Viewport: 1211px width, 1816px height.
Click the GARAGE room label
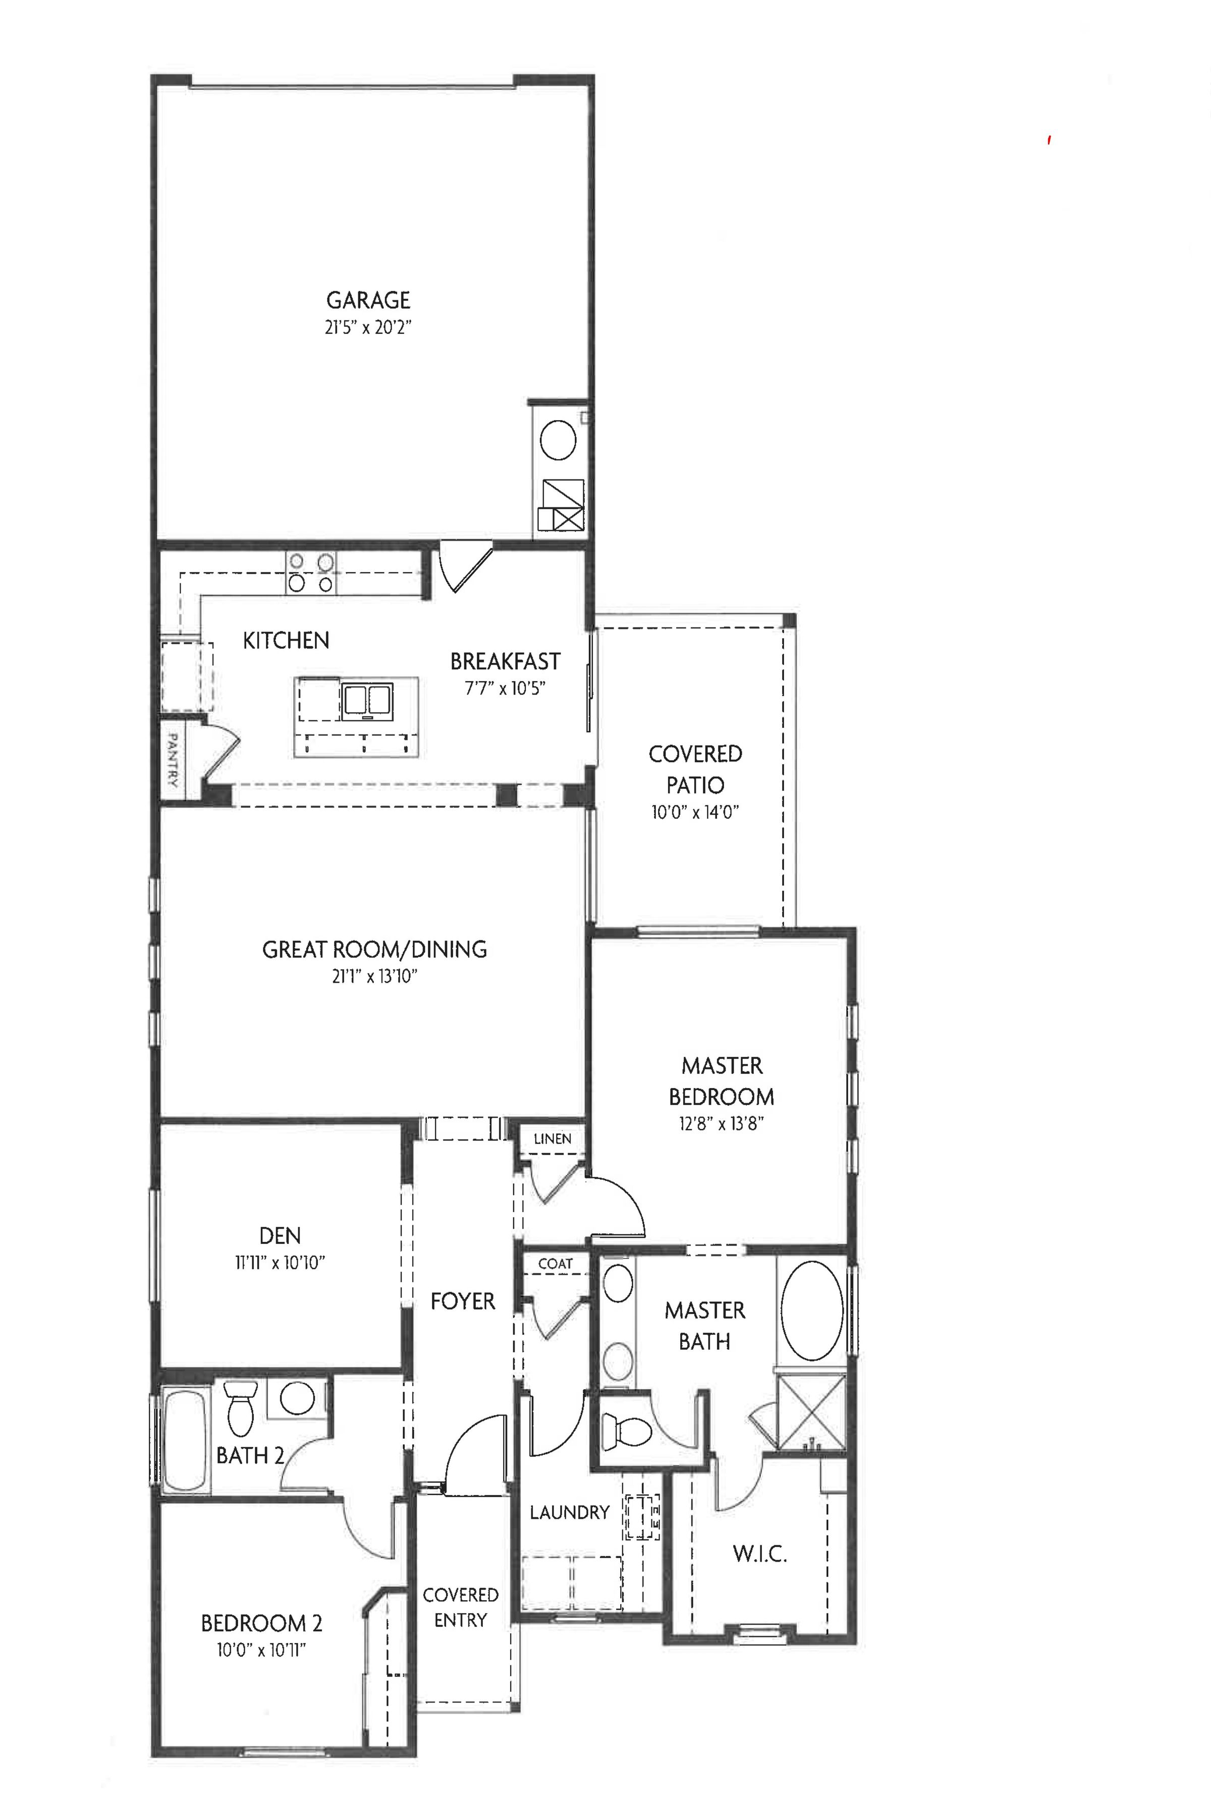(368, 300)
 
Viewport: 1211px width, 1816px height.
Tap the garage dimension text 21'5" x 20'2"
(368, 327)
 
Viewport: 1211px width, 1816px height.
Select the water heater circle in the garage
(558, 442)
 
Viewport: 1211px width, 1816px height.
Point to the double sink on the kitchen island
(366, 700)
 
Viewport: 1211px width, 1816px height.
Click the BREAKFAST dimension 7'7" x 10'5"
(505, 688)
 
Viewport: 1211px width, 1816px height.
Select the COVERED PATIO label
(695, 769)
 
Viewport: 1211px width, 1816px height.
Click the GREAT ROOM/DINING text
(374, 949)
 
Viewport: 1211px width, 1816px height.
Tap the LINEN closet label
(552, 1139)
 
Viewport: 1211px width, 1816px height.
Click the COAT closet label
(556, 1264)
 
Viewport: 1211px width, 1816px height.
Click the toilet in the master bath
(626, 1430)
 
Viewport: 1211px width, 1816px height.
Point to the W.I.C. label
(760, 1554)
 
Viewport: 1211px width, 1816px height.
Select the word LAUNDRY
(569, 1512)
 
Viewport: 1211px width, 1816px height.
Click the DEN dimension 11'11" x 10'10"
(280, 1263)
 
